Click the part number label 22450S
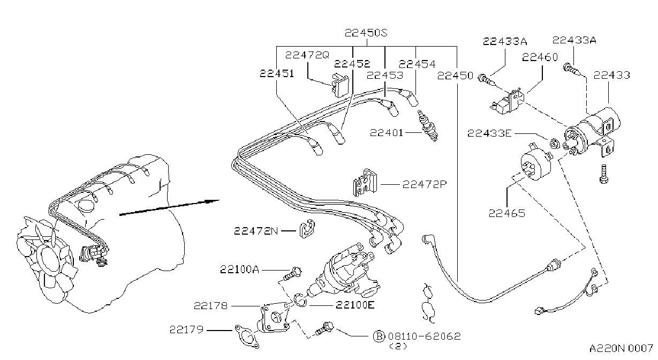coord(366,33)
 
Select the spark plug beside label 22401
coord(428,126)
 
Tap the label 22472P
coord(425,185)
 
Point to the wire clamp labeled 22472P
coord(365,182)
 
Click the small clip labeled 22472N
coord(307,229)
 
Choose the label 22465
coord(506,213)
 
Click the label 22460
coord(540,57)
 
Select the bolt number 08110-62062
coord(425,336)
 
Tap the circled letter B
coord(379,336)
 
